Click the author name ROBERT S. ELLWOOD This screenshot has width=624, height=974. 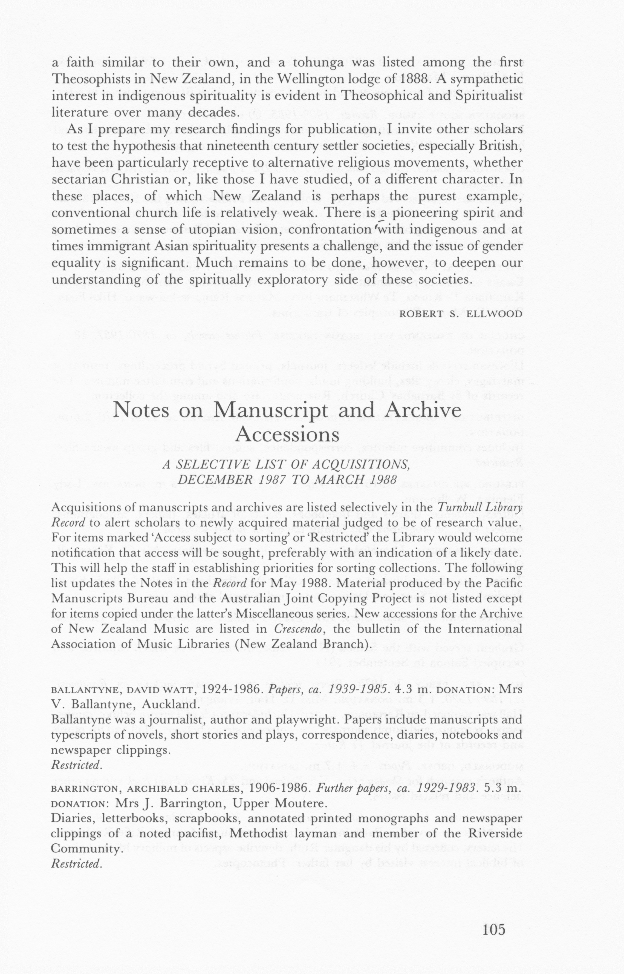(x=461, y=314)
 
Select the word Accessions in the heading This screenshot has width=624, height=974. (x=287, y=435)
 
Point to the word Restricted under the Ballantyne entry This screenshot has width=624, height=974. (x=76, y=765)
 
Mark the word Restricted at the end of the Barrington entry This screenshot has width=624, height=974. (x=76, y=864)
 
